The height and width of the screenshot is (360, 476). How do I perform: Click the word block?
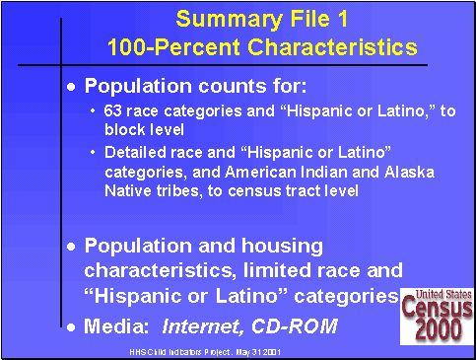coord(124,129)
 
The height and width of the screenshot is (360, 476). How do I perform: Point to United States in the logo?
coord(438,294)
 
